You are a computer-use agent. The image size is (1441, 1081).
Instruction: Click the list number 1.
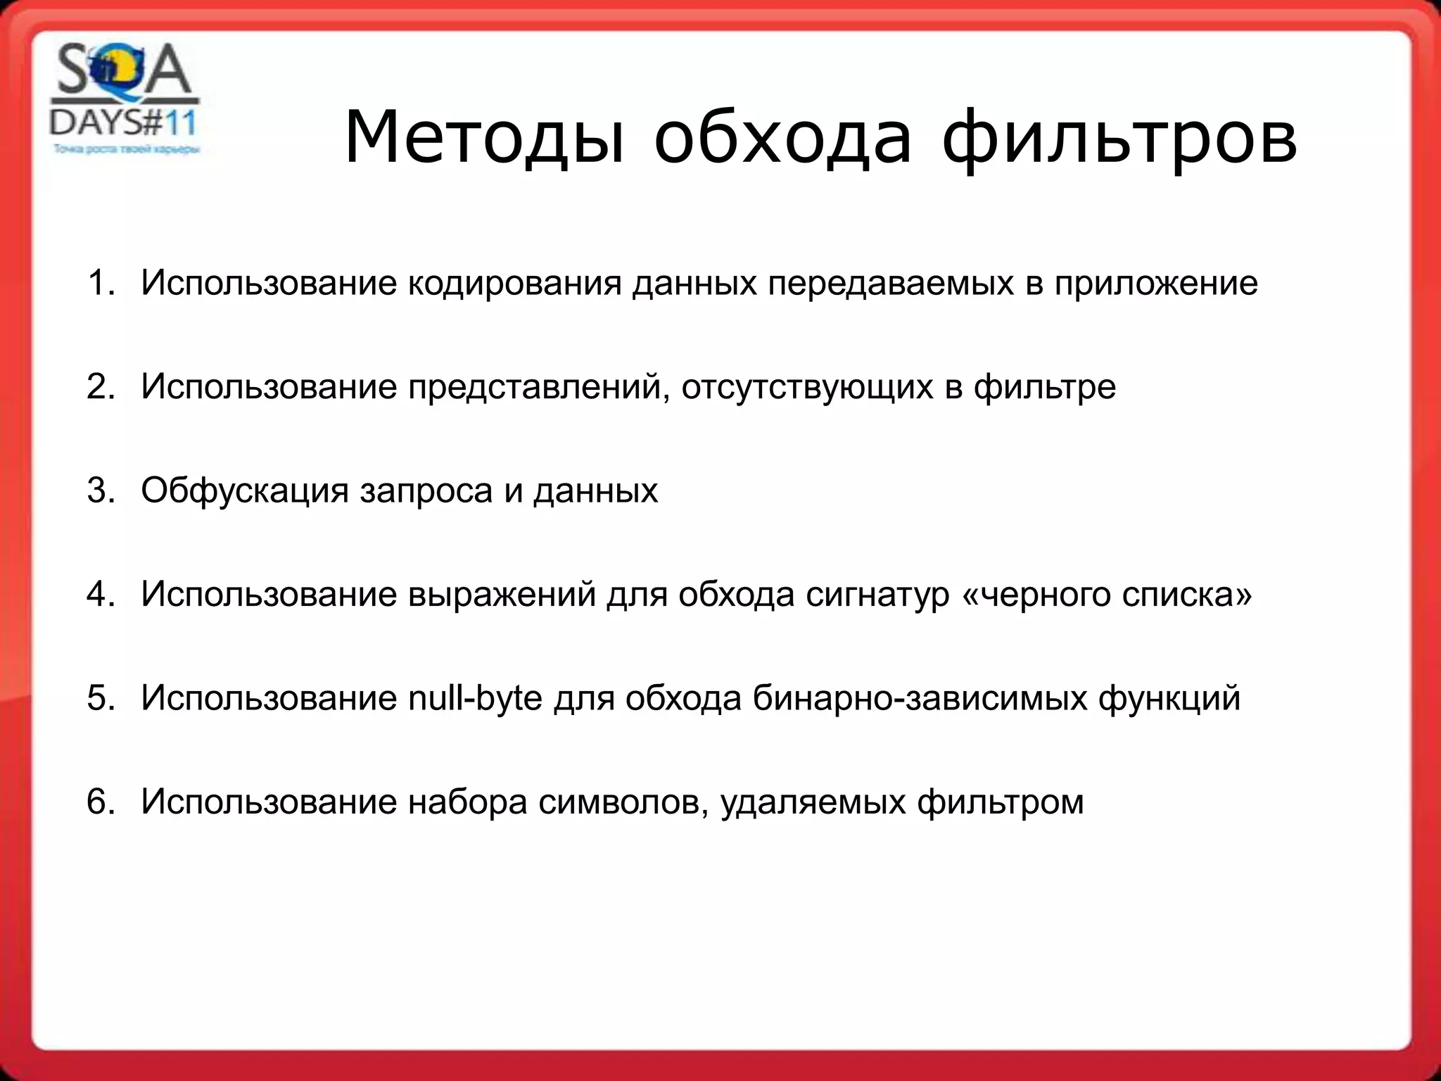pyautogui.click(x=99, y=283)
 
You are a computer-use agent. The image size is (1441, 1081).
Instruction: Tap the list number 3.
pyautogui.click(x=99, y=491)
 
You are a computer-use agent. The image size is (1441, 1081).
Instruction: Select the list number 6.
pyautogui.click(x=99, y=802)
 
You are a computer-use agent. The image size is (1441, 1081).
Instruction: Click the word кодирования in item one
pyautogui.click(x=515, y=284)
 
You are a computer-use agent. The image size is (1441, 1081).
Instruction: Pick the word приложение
pyautogui.click(x=1155, y=284)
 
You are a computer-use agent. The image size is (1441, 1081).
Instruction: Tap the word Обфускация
pyautogui.click(x=244, y=491)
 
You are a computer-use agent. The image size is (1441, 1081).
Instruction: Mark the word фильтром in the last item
pyautogui.click(x=1000, y=802)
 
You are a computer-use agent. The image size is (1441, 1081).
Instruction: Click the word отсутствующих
pyautogui.click(x=806, y=388)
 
